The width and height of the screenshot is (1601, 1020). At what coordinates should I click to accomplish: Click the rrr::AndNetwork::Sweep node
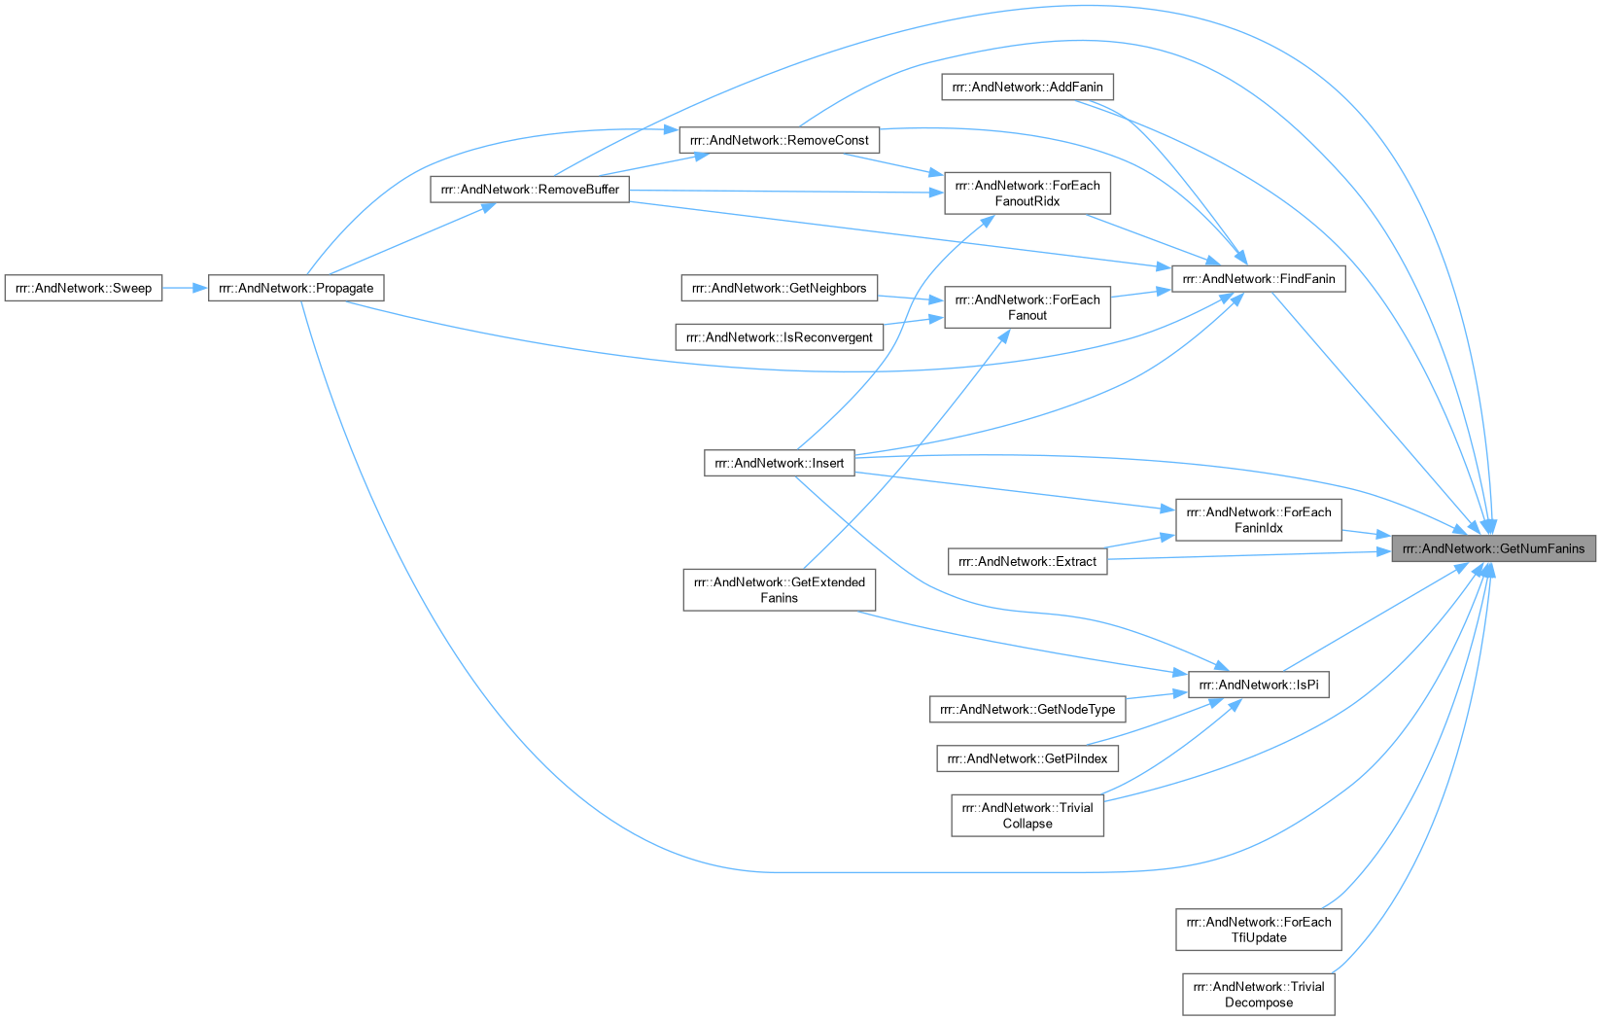point(84,289)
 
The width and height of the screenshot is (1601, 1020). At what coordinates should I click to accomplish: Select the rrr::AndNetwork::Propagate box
point(296,289)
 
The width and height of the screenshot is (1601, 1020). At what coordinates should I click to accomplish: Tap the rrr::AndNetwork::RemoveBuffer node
point(530,190)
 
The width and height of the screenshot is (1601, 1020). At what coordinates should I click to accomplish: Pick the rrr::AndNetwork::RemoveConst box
point(779,140)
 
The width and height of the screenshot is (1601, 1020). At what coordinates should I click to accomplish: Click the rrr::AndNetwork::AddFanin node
point(1027,88)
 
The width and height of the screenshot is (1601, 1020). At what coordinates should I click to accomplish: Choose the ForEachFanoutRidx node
point(1027,193)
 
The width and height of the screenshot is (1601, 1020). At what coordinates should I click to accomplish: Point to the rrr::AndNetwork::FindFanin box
point(1259,279)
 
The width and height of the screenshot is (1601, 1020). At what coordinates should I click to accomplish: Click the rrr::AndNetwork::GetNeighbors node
point(779,289)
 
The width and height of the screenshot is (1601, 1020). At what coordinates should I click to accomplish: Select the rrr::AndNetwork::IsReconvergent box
point(779,337)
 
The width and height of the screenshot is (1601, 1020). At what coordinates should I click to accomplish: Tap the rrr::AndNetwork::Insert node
point(779,463)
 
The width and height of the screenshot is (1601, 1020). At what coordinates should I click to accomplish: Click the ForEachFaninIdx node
point(1259,520)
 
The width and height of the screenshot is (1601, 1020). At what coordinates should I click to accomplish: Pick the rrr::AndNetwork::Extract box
point(1027,562)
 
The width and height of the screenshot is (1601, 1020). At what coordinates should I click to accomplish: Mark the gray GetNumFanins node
point(1493,549)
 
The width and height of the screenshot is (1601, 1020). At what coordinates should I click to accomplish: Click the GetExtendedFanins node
point(779,590)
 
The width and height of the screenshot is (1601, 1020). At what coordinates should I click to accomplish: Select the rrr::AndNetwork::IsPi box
point(1259,686)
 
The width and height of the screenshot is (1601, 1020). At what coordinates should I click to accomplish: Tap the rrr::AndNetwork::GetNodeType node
point(1027,710)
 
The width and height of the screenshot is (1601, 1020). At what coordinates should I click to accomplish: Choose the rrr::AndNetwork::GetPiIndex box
point(1027,759)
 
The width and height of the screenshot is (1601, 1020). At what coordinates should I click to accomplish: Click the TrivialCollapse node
point(1027,816)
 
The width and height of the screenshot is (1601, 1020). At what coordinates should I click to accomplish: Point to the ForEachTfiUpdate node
point(1259,931)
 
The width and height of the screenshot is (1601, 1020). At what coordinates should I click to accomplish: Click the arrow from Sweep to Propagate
point(186,289)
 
